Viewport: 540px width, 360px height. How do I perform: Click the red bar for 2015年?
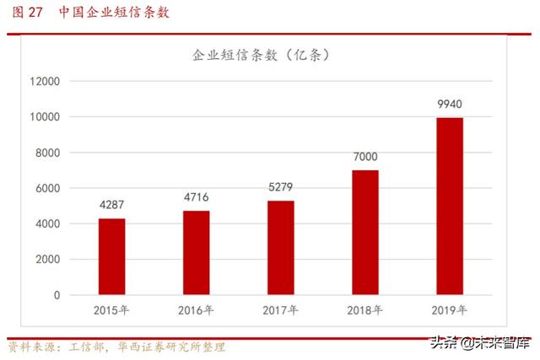pyautogui.click(x=111, y=257)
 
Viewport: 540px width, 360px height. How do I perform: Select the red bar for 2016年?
pyautogui.click(x=196, y=253)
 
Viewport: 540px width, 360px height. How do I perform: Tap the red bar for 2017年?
pyautogui.click(x=280, y=248)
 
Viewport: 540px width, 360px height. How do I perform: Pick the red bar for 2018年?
pyautogui.click(x=364, y=233)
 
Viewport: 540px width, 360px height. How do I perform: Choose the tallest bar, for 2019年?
pyautogui.click(x=449, y=207)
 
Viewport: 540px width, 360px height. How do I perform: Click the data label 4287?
pyautogui.click(x=111, y=206)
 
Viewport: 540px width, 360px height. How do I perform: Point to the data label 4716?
pyautogui.click(x=196, y=198)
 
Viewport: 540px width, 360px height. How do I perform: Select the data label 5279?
pyautogui.click(x=280, y=188)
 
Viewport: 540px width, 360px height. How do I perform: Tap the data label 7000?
pyautogui.click(x=364, y=157)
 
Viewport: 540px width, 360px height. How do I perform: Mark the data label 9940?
pyautogui.click(x=449, y=105)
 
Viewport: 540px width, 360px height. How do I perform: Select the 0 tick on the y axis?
pyautogui.click(x=57, y=296)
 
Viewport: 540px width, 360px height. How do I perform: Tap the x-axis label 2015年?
pyautogui.click(x=111, y=310)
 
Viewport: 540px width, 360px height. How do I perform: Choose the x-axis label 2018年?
pyautogui.click(x=364, y=310)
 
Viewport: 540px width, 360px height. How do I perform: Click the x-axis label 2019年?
pyautogui.click(x=449, y=310)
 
